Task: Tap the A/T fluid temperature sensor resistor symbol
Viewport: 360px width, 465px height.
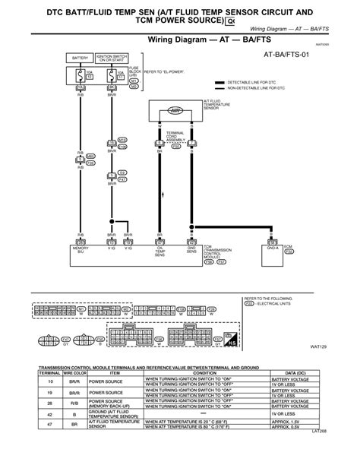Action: pyautogui.click(x=174, y=109)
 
